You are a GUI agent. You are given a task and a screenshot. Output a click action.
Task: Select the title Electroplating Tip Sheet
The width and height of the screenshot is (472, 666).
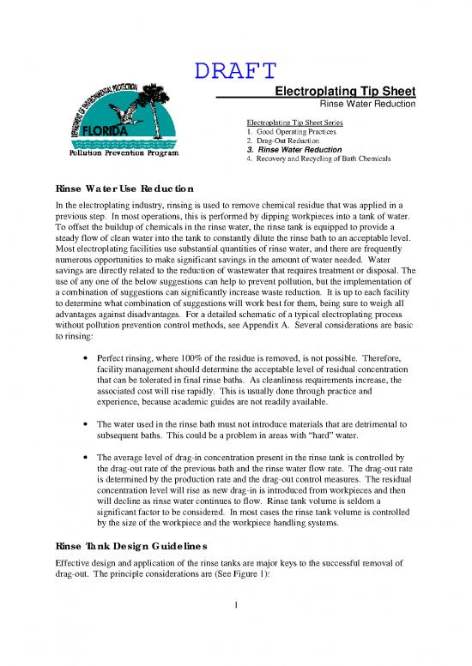344,91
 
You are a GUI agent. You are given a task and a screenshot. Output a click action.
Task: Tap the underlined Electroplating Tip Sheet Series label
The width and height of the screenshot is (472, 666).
294,123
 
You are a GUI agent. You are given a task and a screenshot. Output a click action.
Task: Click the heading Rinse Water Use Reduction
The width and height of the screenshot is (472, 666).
124,188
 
